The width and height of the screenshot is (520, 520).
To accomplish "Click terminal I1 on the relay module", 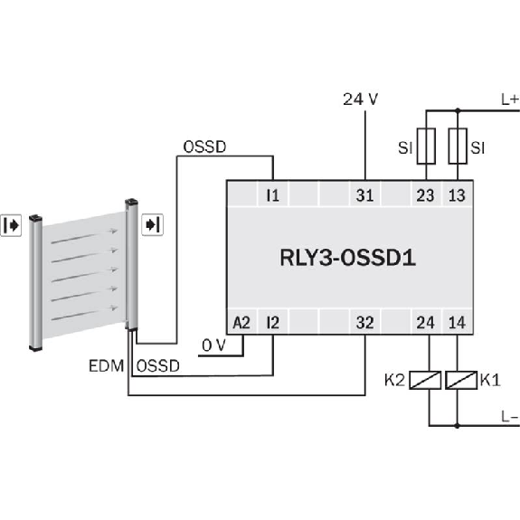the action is (272, 195).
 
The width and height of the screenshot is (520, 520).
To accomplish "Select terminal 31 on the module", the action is (364, 195).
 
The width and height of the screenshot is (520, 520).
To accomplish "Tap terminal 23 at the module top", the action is (425, 195).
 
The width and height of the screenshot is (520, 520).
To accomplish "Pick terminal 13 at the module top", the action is (457, 195).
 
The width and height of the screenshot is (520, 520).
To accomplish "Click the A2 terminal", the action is (241, 322).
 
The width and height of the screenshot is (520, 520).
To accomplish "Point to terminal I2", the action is (272, 322).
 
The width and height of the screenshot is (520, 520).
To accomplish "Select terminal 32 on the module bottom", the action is (364, 322).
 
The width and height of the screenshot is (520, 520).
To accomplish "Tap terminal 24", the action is (425, 322).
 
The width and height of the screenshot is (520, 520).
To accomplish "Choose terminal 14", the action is (457, 322).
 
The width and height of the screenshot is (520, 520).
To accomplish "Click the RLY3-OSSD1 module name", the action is (347, 258).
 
